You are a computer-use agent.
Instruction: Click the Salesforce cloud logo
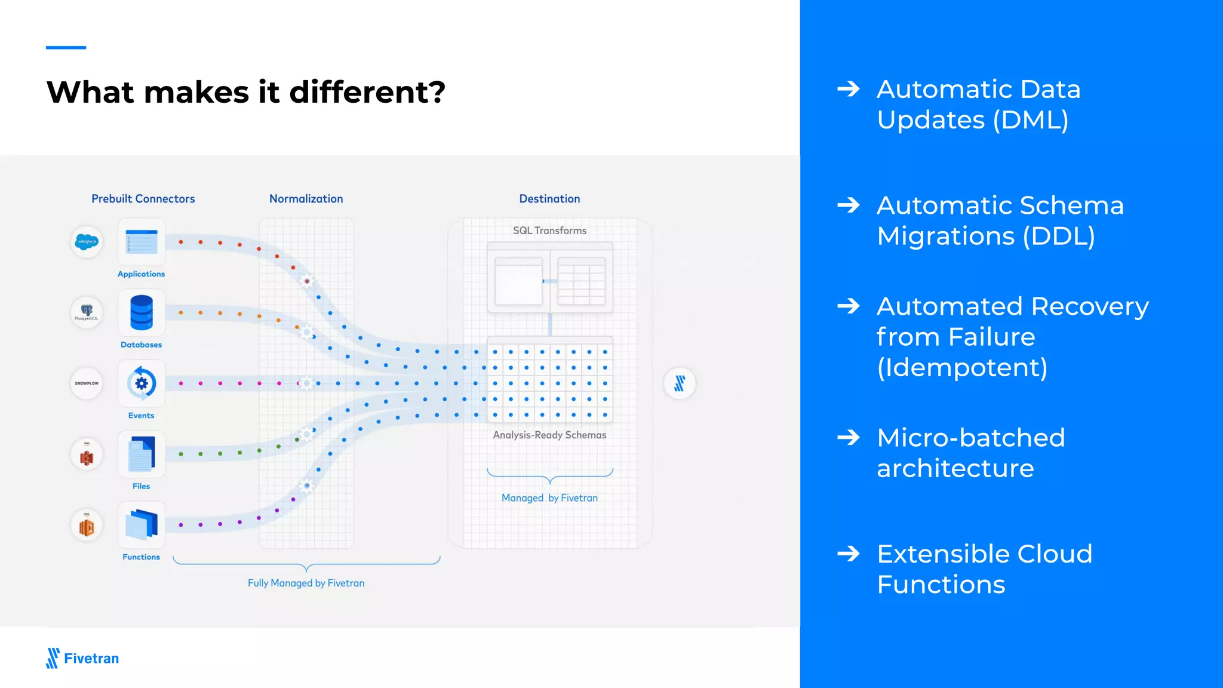click(x=87, y=242)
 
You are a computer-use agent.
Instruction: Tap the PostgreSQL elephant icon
click(x=87, y=312)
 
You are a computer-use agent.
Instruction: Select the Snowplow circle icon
click(x=87, y=383)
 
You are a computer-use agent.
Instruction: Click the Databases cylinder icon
click(x=142, y=312)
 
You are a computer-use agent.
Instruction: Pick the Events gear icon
click(x=142, y=383)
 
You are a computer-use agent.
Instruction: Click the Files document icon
click(x=142, y=454)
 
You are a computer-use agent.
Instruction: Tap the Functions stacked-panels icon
click(x=142, y=524)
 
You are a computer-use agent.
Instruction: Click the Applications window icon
click(x=142, y=242)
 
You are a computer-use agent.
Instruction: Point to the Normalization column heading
click(x=306, y=199)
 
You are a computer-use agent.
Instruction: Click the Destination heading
click(x=549, y=199)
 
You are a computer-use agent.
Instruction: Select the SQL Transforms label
click(x=549, y=231)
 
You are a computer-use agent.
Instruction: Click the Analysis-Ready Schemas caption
click(x=549, y=435)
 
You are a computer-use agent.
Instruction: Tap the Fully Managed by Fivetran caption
click(x=306, y=583)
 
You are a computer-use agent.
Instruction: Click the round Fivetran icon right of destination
click(x=680, y=383)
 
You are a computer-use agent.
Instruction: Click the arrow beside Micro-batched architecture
click(x=848, y=438)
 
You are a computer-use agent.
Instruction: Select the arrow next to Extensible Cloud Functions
click(x=848, y=554)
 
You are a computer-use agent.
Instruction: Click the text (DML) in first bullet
click(x=1031, y=120)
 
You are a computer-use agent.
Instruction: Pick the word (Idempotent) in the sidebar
click(x=962, y=367)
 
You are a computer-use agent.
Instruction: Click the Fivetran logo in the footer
click(x=82, y=658)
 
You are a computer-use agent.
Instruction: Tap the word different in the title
click(x=367, y=93)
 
